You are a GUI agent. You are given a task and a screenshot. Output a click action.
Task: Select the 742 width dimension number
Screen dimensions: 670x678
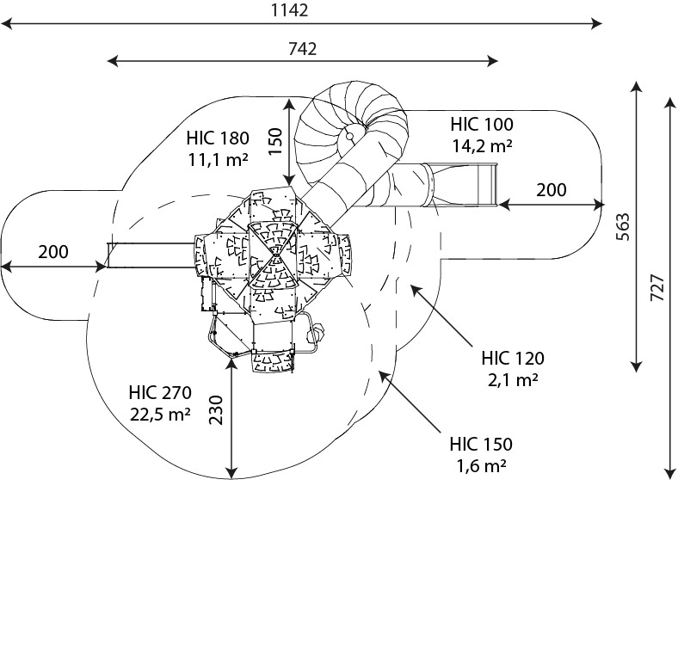click(x=301, y=48)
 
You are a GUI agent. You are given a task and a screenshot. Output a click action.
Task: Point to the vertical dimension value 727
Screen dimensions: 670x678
click(x=656, y=286)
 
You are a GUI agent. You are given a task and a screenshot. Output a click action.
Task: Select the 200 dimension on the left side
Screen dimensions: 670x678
click(x=53, y=252)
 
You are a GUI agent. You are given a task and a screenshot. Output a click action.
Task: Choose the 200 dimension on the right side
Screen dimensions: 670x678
click(x=552, y=190)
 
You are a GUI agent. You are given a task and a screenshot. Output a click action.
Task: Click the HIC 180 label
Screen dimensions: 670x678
click(x=218, y=138)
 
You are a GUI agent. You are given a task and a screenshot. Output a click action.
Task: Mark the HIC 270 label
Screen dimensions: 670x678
click(x=160, y=393)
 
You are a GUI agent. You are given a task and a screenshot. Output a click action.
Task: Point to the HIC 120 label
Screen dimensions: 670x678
click(x=513, y=358)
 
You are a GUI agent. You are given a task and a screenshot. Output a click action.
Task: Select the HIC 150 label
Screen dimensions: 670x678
click(x=481, y=445)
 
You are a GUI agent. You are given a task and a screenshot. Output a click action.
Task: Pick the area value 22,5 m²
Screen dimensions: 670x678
click(x=160, y=414)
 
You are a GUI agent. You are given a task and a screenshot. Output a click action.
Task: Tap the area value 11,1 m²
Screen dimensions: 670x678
click(x=218, y=159)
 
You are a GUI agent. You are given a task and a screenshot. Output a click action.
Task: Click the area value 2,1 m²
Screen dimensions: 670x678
click(x=513, y=378)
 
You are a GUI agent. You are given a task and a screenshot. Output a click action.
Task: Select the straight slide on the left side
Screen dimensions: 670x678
click(x=151, y=255)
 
